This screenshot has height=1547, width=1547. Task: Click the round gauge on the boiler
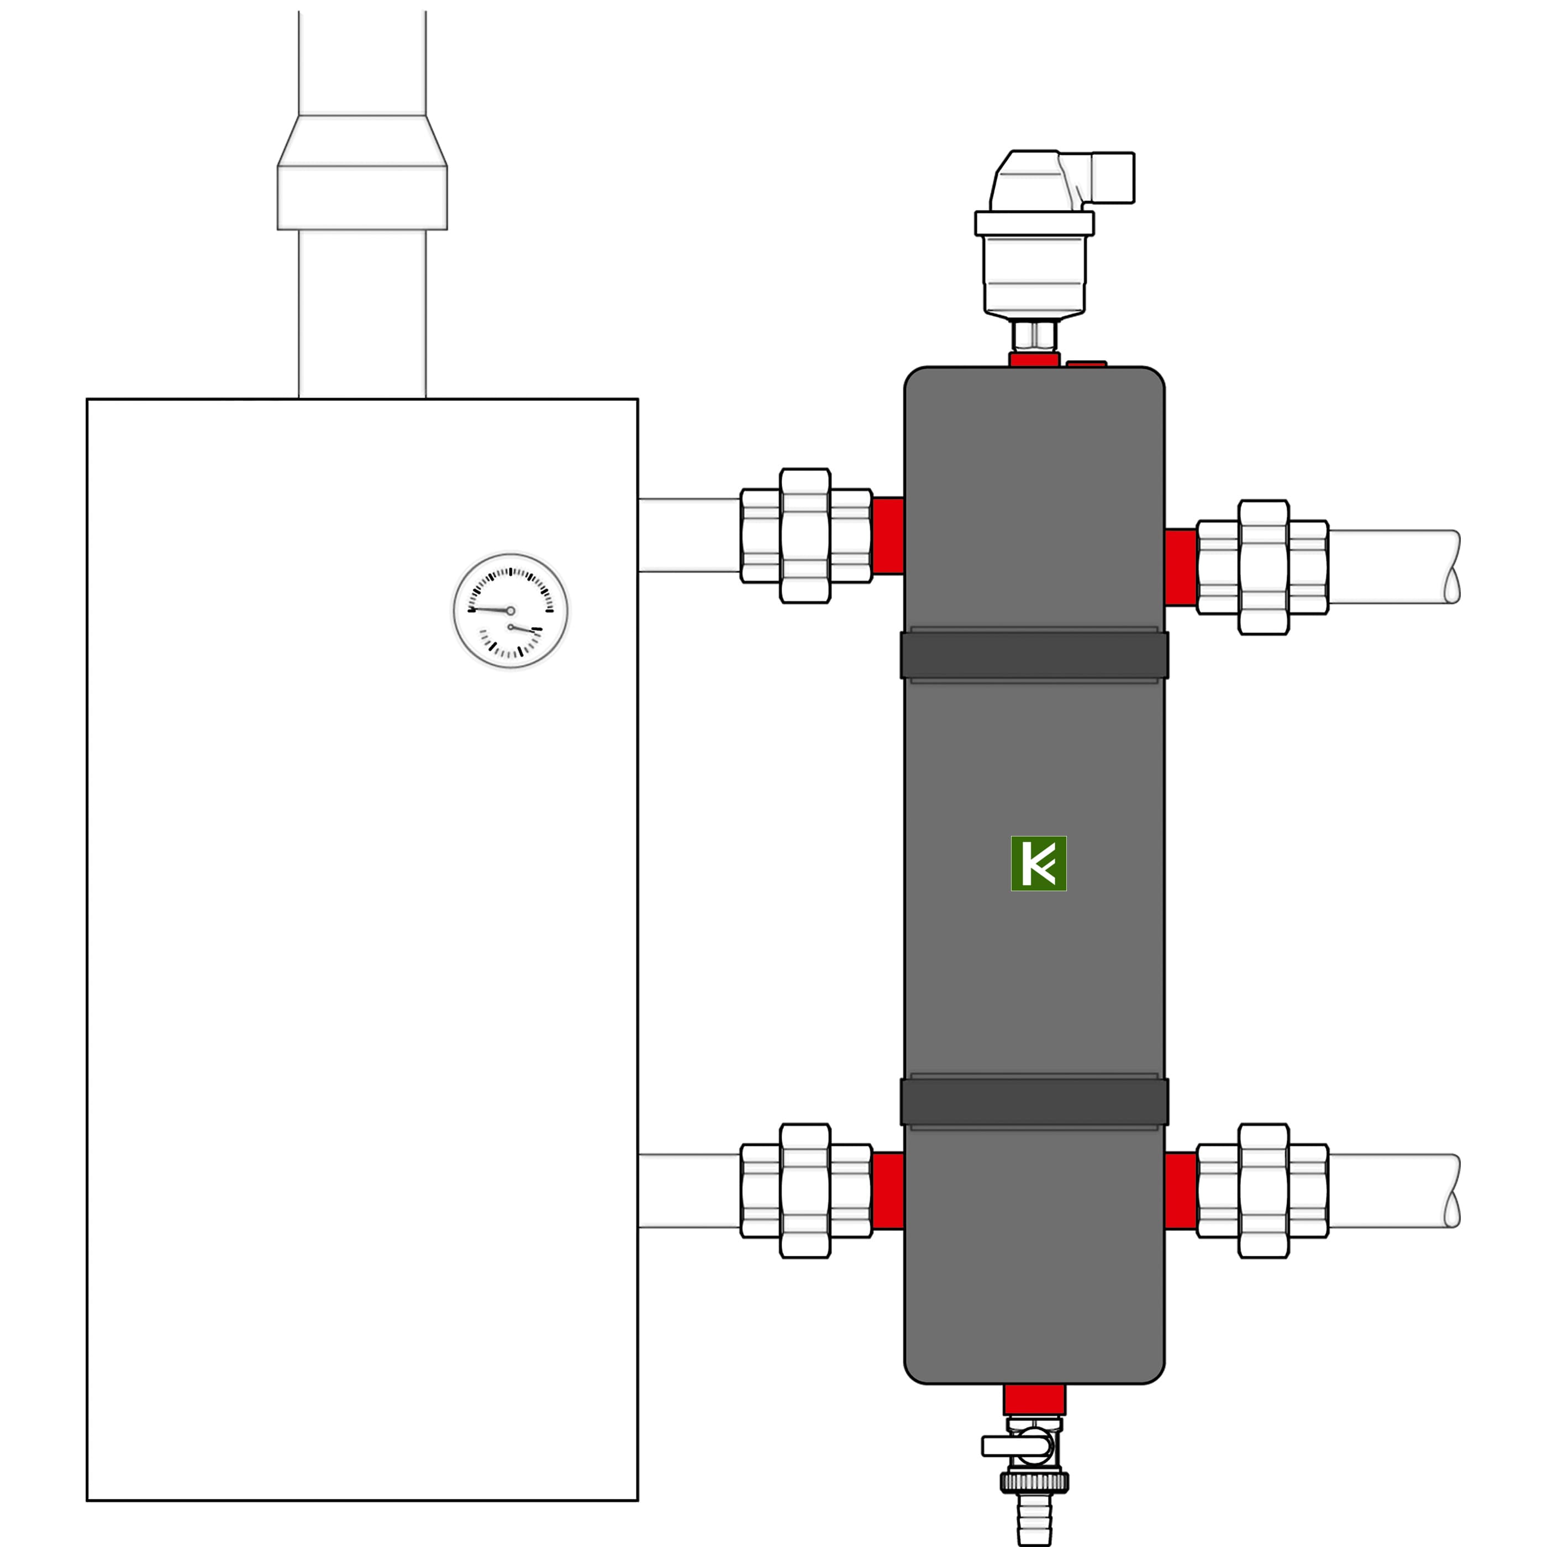[511, 611]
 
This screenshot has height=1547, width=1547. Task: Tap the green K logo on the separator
[1039, 863]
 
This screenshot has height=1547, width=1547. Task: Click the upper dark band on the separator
[1034, 655]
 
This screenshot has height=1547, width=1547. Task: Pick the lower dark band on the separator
[1034, 1102]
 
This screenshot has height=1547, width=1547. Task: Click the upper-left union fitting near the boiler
[806, 536]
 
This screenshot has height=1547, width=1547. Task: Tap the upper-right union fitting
[1263, 568]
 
